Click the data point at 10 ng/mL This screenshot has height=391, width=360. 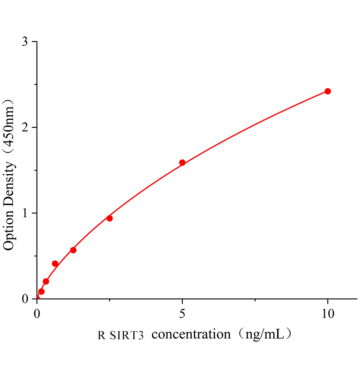(328, 91)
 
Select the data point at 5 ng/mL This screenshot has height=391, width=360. (182, 163)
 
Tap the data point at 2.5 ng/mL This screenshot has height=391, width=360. (110, 218)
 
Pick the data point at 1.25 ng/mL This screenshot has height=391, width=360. (73, 250)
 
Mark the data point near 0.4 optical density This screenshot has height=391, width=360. (55, 264)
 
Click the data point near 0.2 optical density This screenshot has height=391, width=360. (46, 281)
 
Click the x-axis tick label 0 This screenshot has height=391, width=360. (37, 314)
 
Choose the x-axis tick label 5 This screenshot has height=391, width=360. (182, 314)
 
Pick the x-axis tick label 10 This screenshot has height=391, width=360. (327, 314)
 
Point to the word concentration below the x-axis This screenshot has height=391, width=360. (191, 334)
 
